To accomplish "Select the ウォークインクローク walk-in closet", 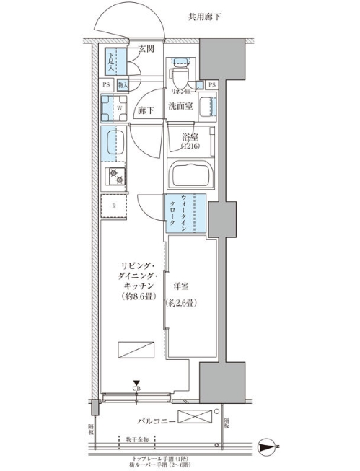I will (x=186, y=214).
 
